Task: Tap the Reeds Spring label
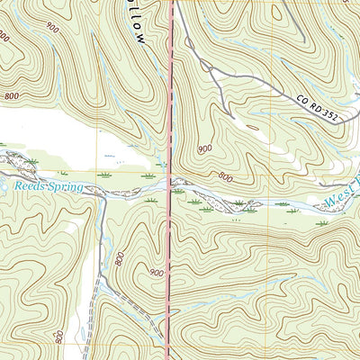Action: coord(48,186)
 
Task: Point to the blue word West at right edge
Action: coord(341,201)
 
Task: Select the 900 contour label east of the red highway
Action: coord(204,148)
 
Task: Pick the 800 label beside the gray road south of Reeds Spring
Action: coord(120,259)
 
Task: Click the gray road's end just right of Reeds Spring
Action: coord(101,193)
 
